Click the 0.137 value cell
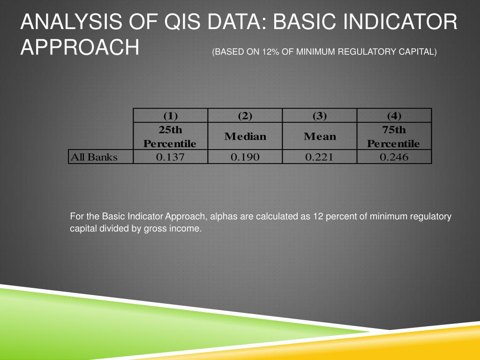170,157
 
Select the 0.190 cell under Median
245,157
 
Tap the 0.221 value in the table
319,157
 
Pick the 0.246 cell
394,157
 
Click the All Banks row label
94,157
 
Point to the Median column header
245,136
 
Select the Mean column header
320,136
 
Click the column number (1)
170,116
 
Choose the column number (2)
245,116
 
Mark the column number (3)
319,116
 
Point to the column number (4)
394,116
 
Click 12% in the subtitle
271,52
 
